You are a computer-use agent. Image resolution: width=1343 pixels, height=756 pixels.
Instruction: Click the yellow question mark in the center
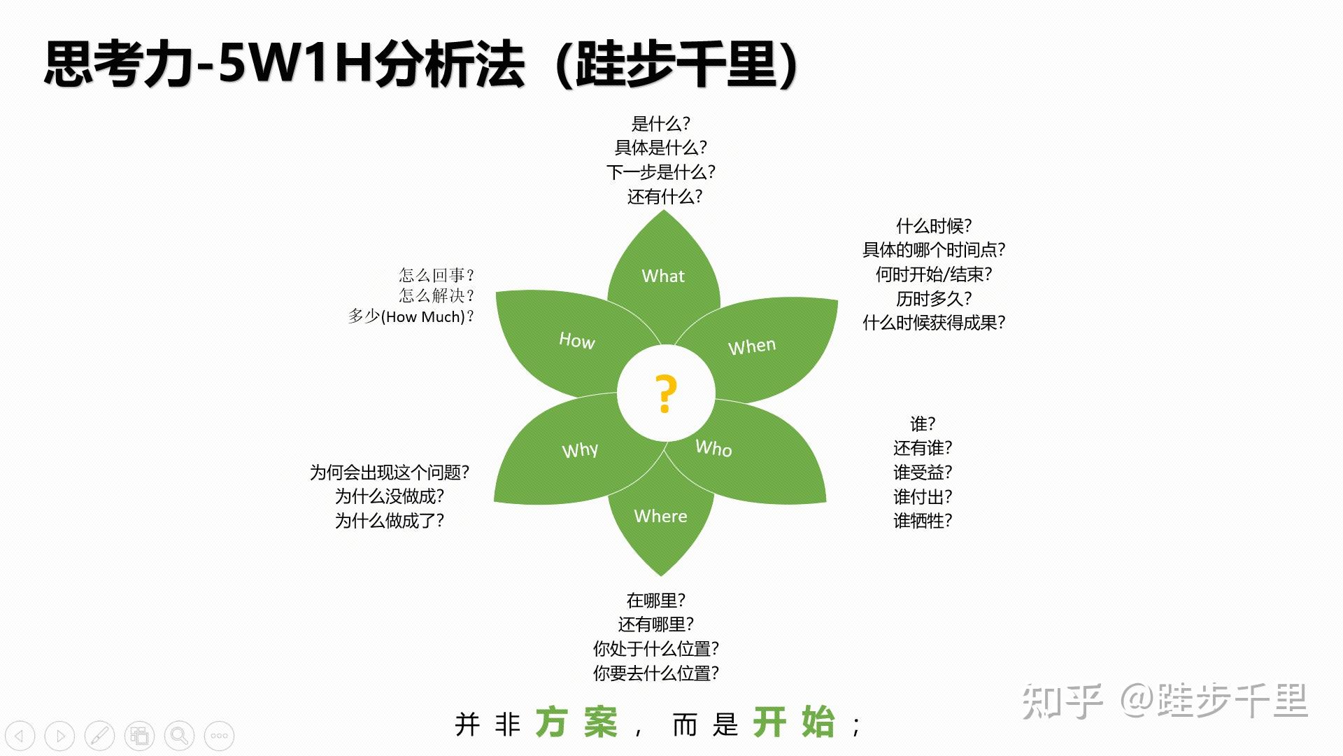click(666, 393)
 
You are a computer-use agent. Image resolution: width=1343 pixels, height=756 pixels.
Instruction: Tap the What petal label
click(663, 276)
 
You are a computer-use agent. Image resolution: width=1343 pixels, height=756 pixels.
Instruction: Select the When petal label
click(752, 346)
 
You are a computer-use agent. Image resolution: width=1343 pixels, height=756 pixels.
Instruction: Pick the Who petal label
click(713, 448)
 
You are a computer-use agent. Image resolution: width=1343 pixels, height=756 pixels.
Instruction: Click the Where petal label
click(660, 516)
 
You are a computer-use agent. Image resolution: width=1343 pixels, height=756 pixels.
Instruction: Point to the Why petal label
click(580, 449)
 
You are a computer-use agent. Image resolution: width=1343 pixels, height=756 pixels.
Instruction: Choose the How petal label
click(577, 340)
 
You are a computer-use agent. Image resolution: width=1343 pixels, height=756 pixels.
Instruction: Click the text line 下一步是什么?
click(661, 171)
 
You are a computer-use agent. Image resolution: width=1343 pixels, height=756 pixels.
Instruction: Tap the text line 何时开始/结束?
click(934, 274)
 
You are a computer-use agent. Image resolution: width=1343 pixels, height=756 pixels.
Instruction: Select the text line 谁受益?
click(923, 472)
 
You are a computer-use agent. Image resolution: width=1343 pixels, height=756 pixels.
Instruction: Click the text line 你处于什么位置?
click(656, 648)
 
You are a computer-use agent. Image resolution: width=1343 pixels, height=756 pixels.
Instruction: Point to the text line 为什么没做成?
click(390, 496)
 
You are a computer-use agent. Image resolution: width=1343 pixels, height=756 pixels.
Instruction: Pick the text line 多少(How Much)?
click(411, 316)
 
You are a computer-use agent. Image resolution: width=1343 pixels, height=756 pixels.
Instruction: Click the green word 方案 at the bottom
click(576, 722)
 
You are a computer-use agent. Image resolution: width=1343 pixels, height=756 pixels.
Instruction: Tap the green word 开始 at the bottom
click(794, 722)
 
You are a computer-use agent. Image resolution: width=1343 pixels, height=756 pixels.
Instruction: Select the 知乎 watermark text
click(1062, 701)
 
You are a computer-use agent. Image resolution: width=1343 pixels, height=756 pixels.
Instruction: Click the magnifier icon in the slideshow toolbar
click(179, 736)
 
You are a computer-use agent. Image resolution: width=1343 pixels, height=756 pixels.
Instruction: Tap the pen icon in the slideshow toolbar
click(99, 736)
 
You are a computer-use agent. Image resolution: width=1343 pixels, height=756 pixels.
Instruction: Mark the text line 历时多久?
click(934, 298)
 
